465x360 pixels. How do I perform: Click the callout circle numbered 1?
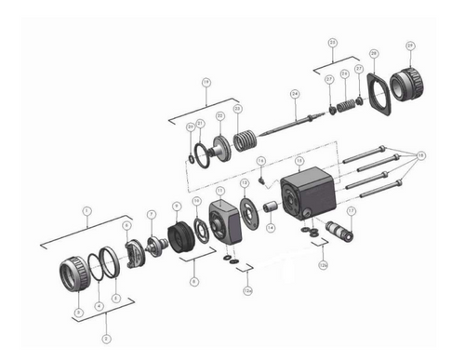coord(87,210)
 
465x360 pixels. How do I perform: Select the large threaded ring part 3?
coord(73,272)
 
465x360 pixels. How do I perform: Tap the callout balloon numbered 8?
coord(193,280)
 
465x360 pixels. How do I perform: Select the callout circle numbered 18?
coord(421,155)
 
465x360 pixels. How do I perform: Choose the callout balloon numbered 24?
coord(294,94)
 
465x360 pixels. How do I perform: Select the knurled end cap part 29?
coord(408,86)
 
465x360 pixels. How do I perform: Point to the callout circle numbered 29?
coord(410,46)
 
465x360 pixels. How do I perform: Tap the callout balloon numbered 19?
coord(206,82)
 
